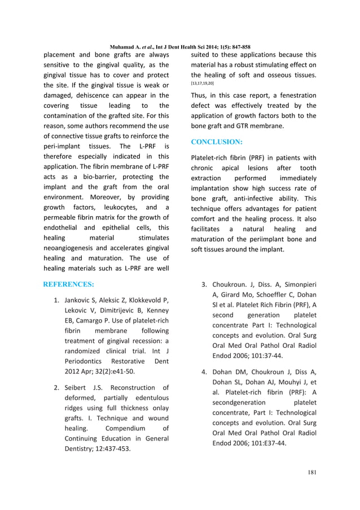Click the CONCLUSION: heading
click(x=217, y=142)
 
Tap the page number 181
click(x=309, y=472)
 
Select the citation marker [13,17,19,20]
click(x=203, y=84)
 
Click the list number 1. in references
click(x=56, y=299)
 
